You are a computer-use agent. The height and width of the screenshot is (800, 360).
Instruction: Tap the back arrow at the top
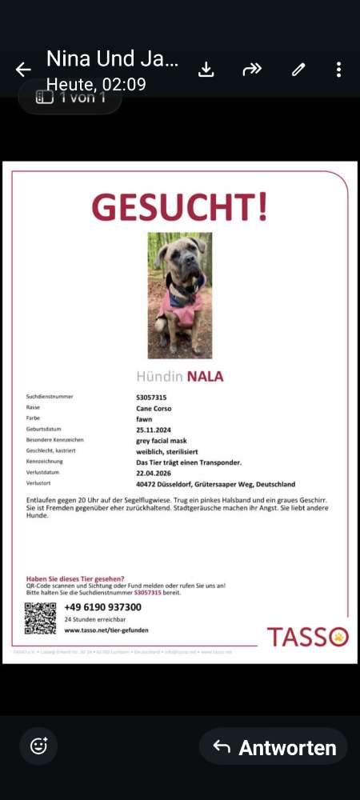click(22, 70)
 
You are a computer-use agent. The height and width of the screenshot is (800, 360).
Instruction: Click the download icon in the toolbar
click(206, 70)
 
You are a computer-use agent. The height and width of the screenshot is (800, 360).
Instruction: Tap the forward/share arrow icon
click(252, 70)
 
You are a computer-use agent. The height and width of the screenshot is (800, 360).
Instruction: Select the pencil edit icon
click(298, 70)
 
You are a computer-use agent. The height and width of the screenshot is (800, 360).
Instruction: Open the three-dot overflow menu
click(339, 70)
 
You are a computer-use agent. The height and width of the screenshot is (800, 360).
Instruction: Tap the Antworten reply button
click(274, 747)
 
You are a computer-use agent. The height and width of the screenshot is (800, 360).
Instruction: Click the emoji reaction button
click(38, 746)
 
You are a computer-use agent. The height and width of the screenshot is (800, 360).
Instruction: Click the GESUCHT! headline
click(180, 207)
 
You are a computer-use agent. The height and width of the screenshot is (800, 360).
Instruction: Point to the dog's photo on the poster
click(180, 295)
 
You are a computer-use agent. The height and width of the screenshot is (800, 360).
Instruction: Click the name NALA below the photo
click(205, 376)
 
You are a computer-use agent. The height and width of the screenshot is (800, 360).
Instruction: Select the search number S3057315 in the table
click(151, 397)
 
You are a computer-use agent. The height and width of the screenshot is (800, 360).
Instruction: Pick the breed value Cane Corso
click(154, 408)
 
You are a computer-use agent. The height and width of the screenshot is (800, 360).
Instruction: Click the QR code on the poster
click(40, 618)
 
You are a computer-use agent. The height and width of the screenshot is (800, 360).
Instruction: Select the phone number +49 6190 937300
click(102, 607)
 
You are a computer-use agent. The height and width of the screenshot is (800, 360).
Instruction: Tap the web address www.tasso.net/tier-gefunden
click(106, 630)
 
